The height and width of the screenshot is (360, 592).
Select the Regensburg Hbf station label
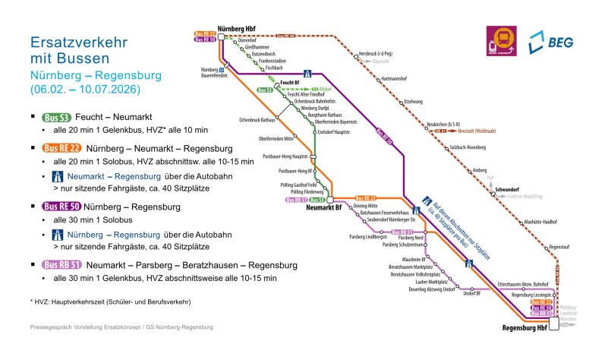[525, 329]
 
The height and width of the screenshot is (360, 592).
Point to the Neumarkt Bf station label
[326, 207]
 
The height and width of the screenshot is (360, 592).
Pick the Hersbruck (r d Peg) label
[374, 55]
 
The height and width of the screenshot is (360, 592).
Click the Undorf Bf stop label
[473, 292]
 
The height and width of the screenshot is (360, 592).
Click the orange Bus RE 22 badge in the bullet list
[61, 148]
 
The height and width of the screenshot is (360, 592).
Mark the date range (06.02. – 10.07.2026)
[85, 90]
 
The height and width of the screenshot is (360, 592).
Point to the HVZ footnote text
[111, 302]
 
